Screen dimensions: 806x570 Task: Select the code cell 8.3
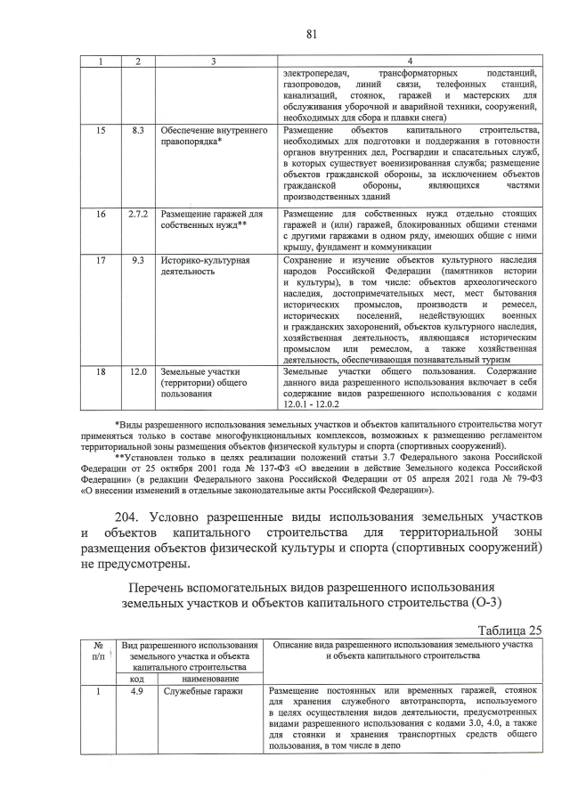click(x=137, y=131)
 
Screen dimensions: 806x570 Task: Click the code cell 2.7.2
click(x=137, y=215)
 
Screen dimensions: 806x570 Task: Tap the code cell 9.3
click(x=137, y=261)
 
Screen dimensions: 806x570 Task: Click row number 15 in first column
click(x=101, y=131)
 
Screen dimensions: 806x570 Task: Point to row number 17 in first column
click(x=101, y=261)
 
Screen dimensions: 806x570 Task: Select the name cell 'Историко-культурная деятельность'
click(x=202, y=266)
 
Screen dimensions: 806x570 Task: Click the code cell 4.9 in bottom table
click(x=137, y=690)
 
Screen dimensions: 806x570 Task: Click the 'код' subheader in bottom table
click(x=137, y=677)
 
